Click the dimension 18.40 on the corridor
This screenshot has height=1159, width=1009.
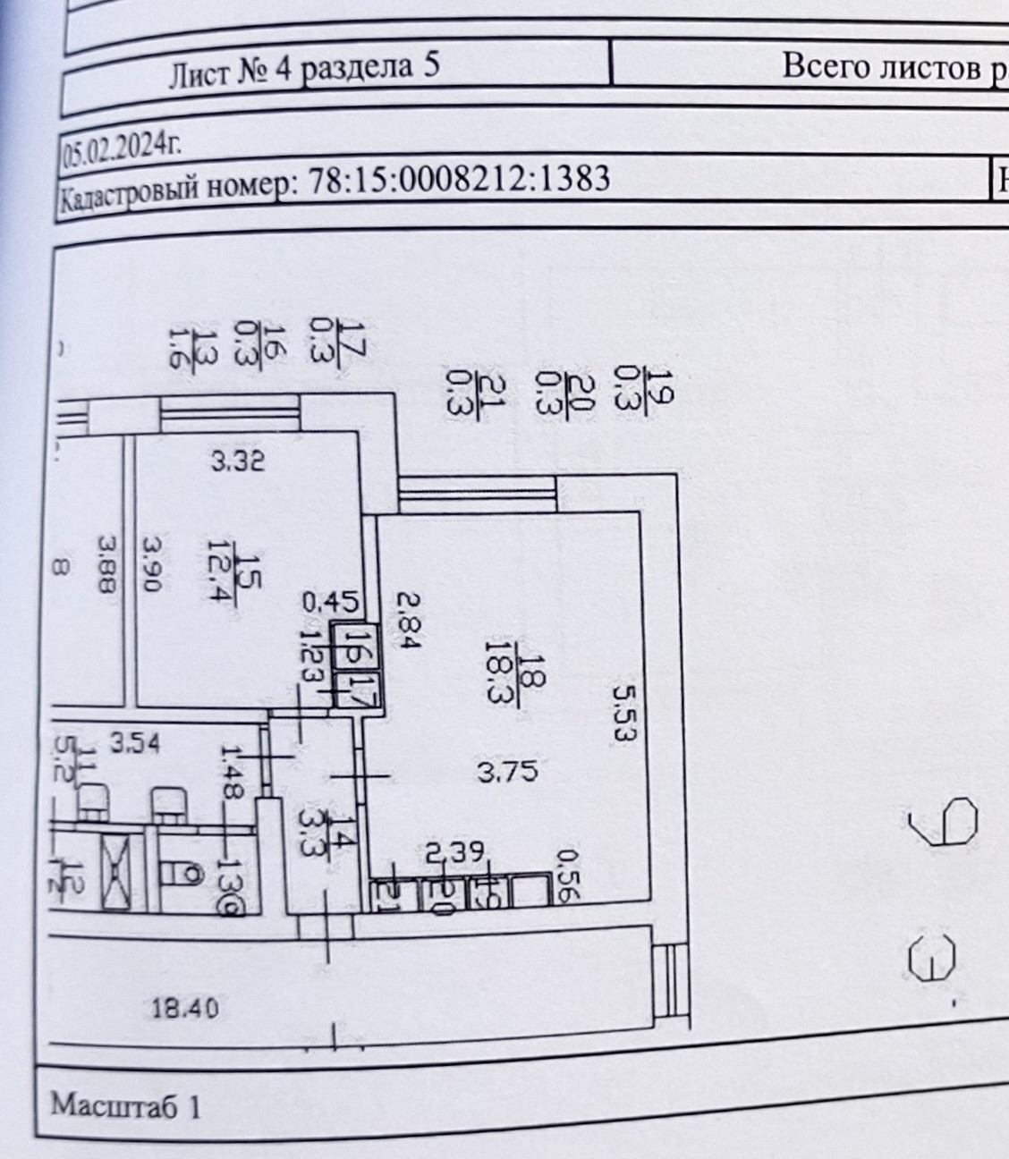point(182,1009)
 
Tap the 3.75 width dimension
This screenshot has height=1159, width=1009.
point(507,771)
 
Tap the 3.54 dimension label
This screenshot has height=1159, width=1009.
point(132,741)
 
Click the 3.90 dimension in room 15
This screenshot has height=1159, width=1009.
point(151,563)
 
